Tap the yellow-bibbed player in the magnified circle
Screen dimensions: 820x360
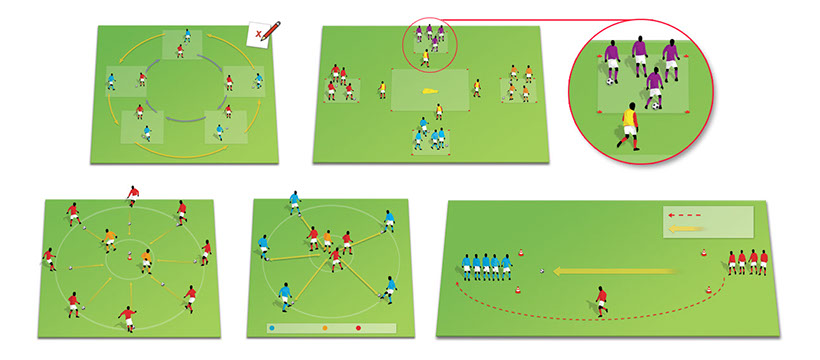pos(630,125)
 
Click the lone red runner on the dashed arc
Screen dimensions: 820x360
pos(601,299)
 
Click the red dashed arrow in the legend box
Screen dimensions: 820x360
pos(685,214)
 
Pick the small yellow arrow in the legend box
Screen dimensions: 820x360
pos(685,229)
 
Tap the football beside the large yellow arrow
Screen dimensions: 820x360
pos(542,269)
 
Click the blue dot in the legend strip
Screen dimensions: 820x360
pos(271,327)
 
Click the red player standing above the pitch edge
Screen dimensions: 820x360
pos(132,194)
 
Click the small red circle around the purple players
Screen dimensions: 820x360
pos(429,42)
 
